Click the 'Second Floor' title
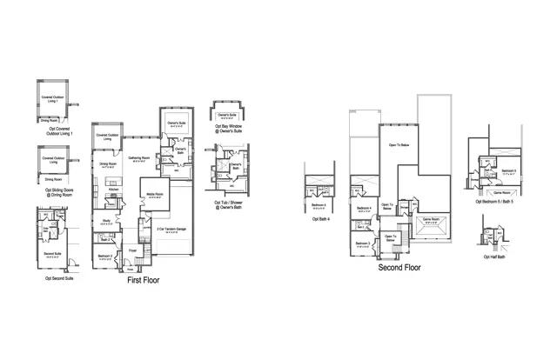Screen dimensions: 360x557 pos(399,268)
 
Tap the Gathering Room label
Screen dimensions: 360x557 pos(139,158)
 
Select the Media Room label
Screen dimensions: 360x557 pos(155,196)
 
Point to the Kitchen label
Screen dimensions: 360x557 pos(113,189)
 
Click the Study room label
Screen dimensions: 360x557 pos(106,221)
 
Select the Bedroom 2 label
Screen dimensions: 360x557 pos(104,256)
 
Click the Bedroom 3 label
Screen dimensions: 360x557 pos(362,243)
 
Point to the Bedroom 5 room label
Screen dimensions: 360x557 pos(509,170)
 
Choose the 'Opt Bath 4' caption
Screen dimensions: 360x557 pos(319,219)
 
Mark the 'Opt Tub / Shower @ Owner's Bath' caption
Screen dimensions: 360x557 pos(229,205)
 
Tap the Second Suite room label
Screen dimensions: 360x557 pos(51,256)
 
